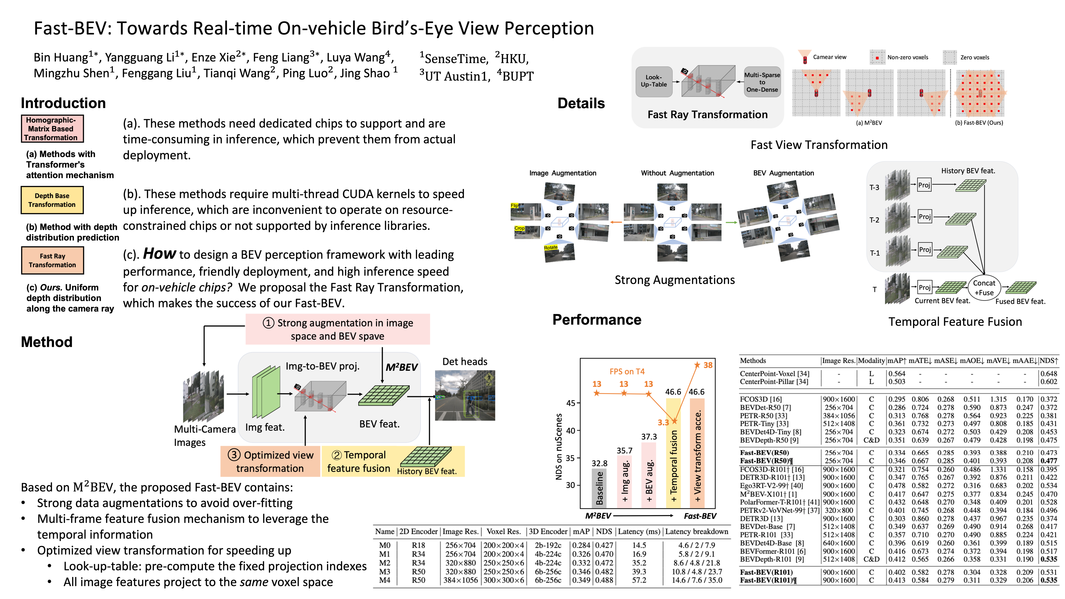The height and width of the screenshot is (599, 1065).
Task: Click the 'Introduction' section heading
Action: (63, 103)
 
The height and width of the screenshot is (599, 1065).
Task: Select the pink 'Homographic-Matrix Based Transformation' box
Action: (52, 129)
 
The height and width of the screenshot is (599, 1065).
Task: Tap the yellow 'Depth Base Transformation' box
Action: (52, 200)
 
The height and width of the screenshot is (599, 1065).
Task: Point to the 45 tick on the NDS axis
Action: (570, 403)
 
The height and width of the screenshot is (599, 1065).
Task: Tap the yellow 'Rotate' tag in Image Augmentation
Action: (551, 248)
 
